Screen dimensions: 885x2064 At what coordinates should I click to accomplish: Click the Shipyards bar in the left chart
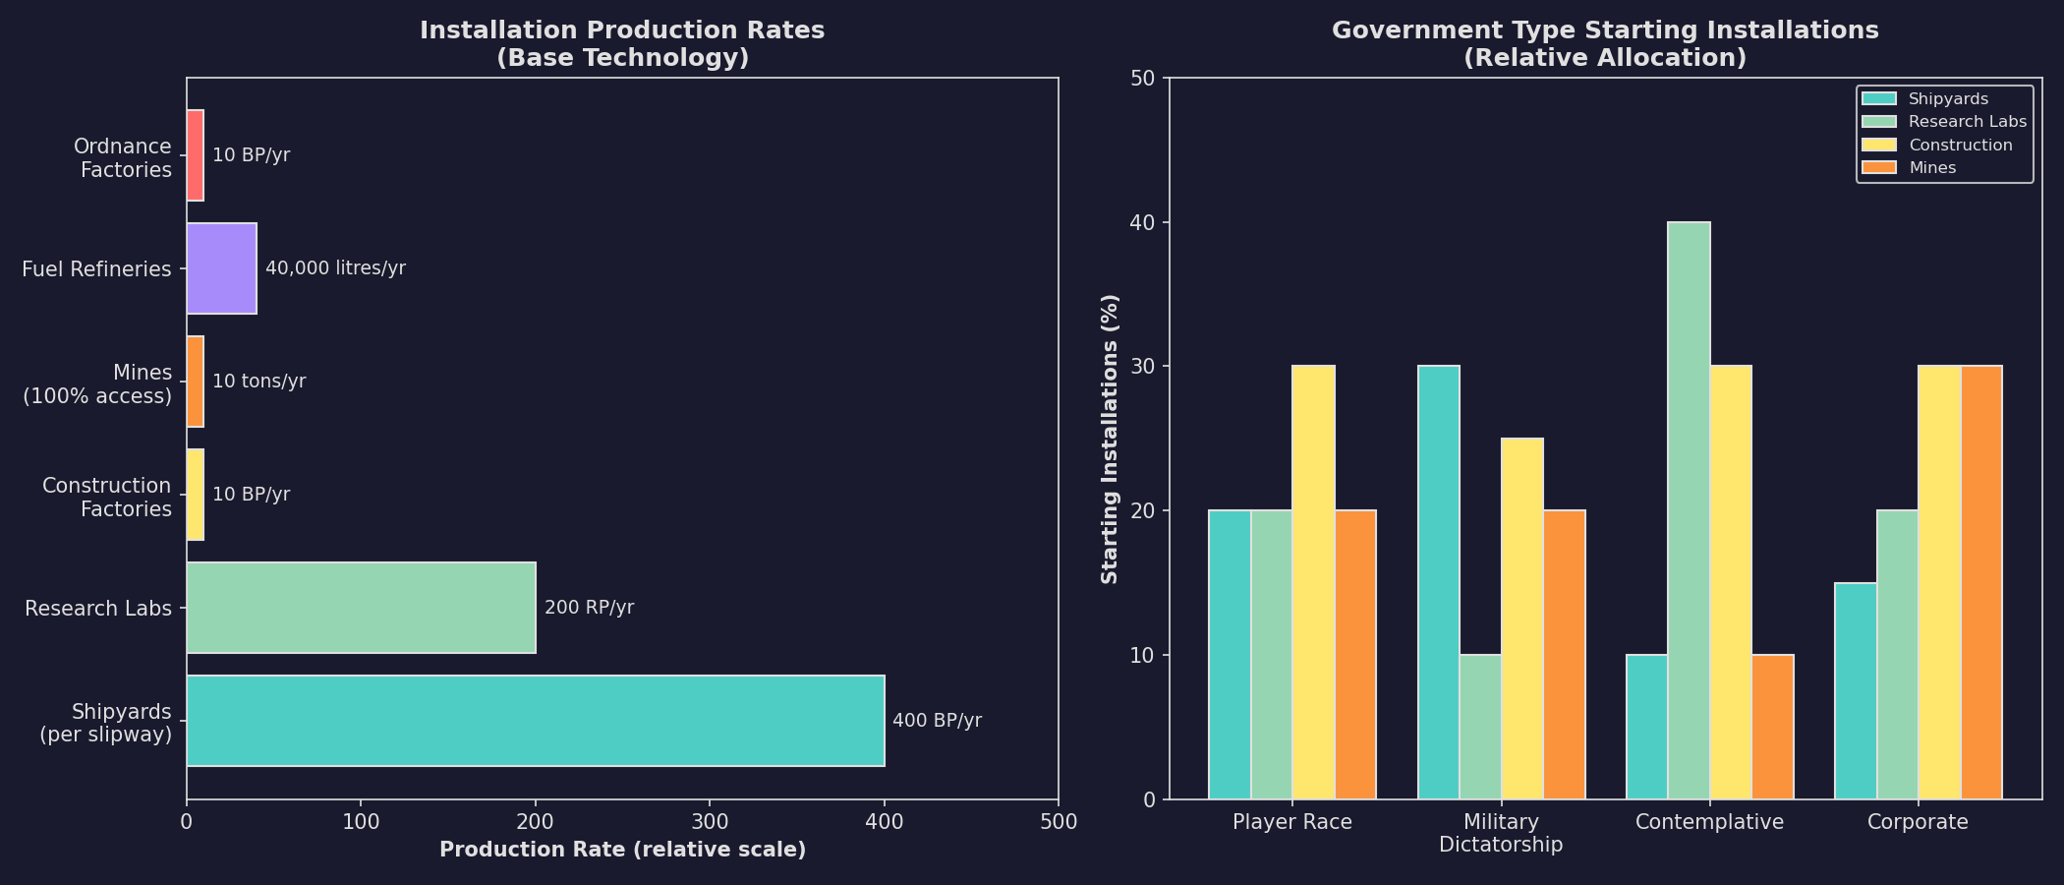point(536,721)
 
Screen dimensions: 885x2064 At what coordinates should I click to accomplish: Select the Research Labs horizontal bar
point(361,608)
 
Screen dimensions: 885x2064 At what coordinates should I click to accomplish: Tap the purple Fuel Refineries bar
point(221,268)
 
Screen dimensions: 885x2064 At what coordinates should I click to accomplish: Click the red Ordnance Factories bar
point(196,155)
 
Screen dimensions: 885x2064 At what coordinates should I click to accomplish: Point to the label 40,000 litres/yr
point(335,268)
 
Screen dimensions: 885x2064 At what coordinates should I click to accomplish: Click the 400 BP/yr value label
point(937,721)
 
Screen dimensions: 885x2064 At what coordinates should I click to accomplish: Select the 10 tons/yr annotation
point(258,382)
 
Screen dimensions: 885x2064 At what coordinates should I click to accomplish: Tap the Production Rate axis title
point(622,850)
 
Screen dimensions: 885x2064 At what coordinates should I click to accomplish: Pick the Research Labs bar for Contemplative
point(1689,510)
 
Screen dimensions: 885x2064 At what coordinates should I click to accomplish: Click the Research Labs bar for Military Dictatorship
point(1480,727)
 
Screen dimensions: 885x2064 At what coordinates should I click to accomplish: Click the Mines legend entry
point(1932,168)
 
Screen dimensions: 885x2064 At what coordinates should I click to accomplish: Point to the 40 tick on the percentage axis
point(1144,222)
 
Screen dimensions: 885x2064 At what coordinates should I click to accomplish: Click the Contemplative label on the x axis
point(1709,822)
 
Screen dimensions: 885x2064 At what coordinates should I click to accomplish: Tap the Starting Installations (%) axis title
point(1110,439)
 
